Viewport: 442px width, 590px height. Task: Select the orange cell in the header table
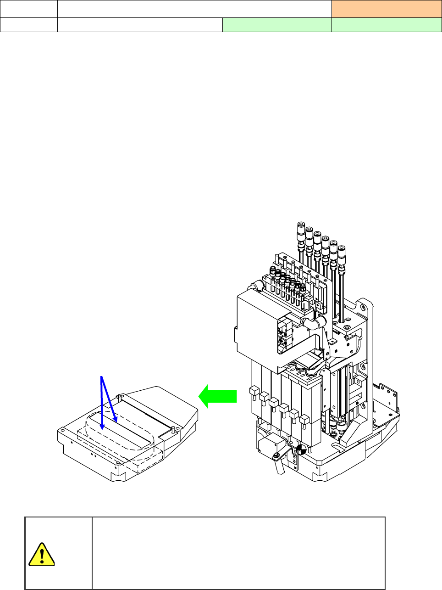coord(386,9)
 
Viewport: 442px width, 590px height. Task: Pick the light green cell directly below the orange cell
coord(386,25)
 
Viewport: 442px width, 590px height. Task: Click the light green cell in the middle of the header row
coord(276,25)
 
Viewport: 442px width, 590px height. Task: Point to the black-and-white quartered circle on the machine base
coord(301,450)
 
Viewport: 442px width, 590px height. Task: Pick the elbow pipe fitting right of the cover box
coord(317,321)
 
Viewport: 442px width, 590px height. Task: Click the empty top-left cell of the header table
coord(28,9)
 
